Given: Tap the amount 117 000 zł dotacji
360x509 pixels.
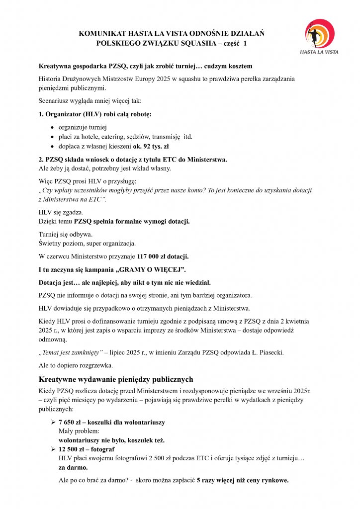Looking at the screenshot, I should pos(163,257).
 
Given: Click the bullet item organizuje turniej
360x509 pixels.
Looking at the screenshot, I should pos(83,127).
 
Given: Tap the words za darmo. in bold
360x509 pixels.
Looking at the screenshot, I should pos(73,468).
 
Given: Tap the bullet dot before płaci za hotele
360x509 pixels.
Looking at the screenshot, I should pos(53,137).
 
